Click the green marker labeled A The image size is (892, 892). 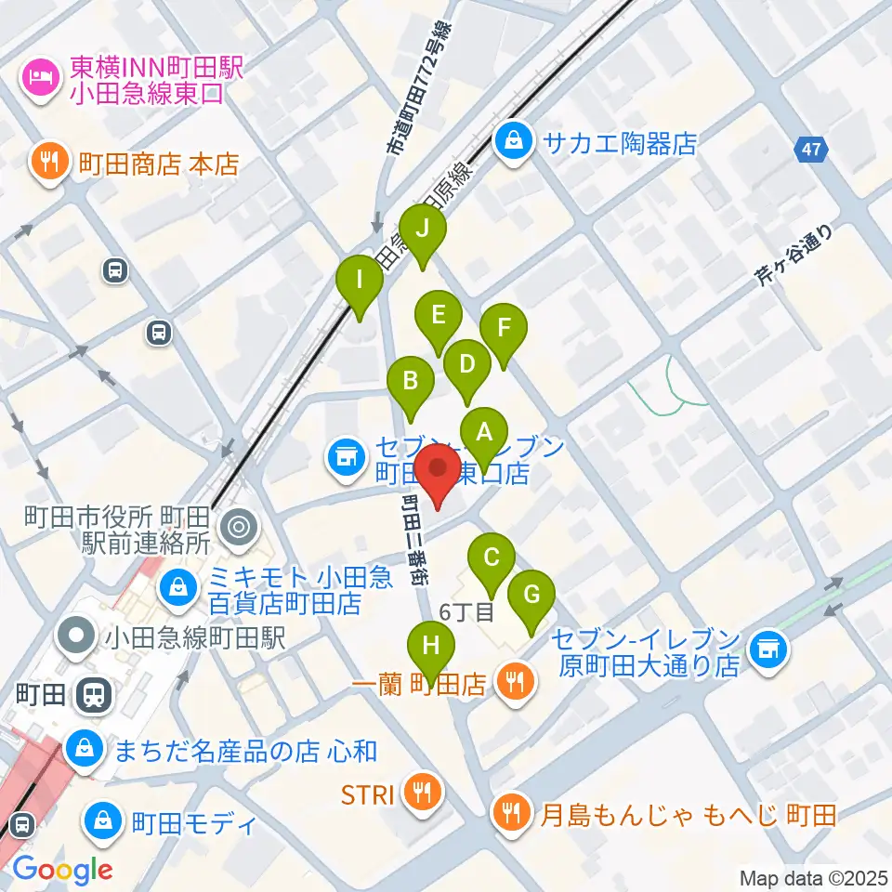point(483,432)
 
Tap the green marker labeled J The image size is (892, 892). point(423,229)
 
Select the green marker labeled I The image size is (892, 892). point(360,279)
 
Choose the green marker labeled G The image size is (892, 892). point(531,595)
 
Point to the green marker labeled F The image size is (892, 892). point(504,329)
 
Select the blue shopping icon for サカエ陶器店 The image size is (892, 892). point(512,142)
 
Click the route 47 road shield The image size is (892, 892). point(811,150)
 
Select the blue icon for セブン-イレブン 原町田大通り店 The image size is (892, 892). point(767,643)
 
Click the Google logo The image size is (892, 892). point(62,870)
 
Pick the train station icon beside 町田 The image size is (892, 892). point(94,693)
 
